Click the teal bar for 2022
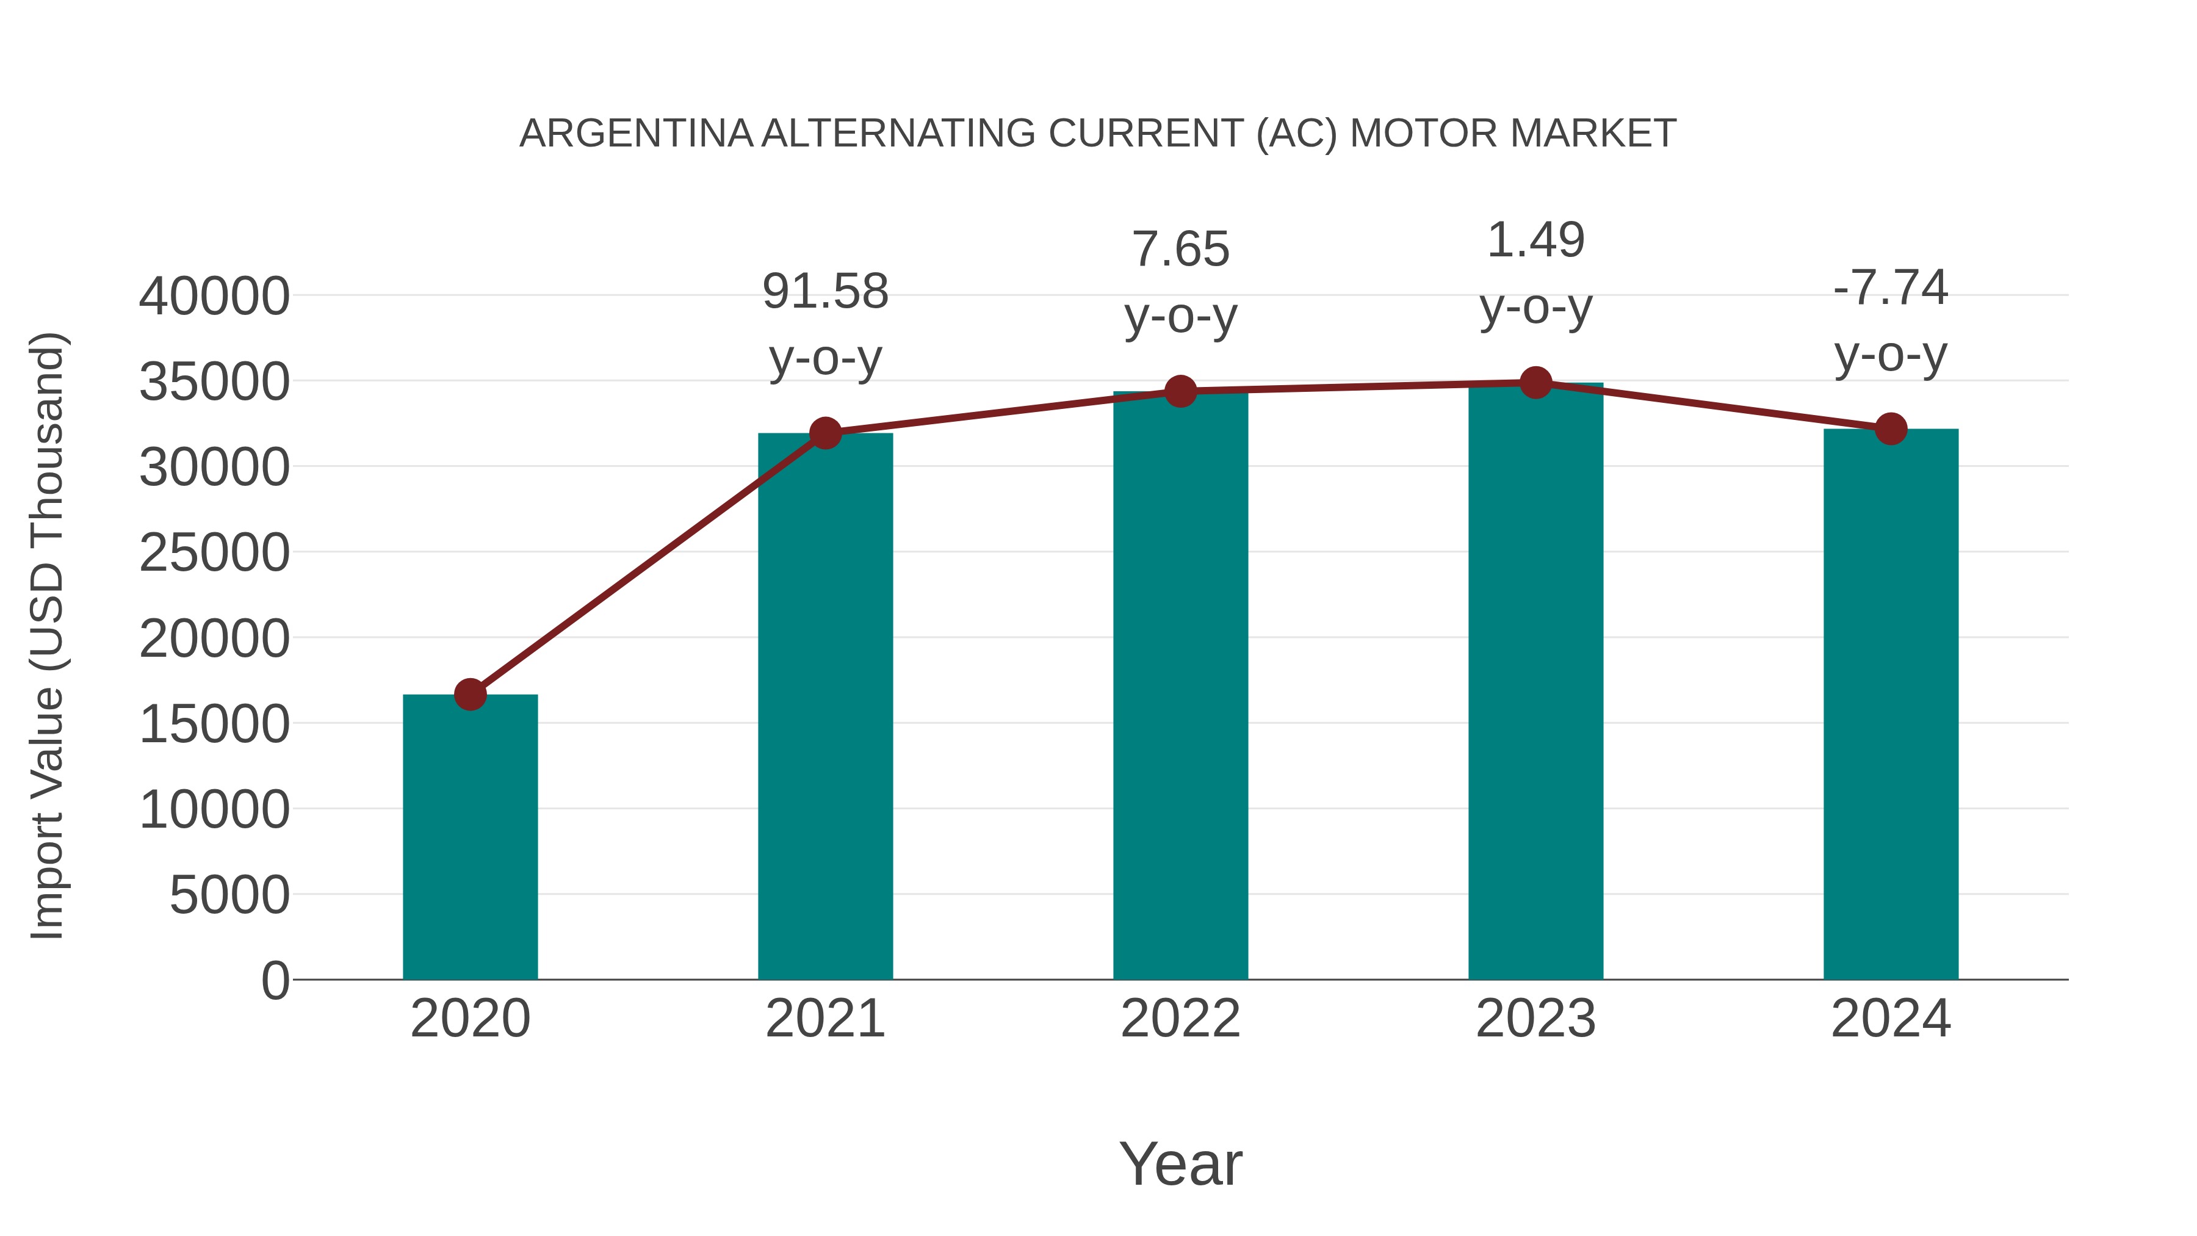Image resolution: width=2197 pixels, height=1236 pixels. click(1180, 682)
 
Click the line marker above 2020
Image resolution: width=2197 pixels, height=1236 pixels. click(470, 695)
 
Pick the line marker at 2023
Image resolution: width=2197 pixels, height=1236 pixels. click(1535, 383)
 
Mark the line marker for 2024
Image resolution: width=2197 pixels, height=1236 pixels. click(1891, 429)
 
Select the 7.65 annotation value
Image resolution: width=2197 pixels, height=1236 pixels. click(1180, 250)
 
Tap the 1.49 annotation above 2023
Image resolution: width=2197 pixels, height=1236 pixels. click(1535, 240)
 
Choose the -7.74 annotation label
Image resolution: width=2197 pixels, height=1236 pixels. click(1891, 287)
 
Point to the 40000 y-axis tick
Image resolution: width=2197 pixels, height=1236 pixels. click(214, 297)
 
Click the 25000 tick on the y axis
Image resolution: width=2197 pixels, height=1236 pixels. click(214, 553)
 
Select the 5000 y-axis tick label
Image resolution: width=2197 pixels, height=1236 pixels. click(229, 895)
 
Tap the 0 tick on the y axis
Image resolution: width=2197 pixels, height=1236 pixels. click(275, 980)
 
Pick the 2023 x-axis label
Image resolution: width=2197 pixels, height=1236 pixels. click(1535, 1019)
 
